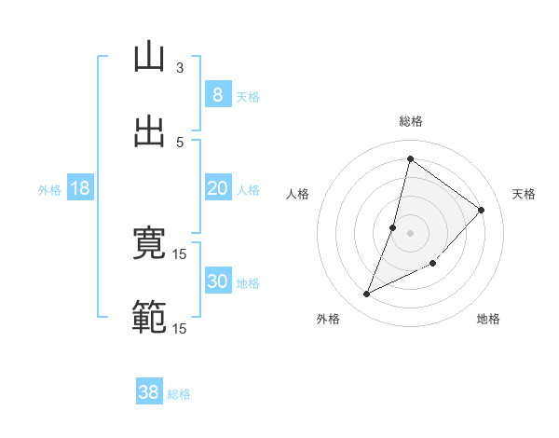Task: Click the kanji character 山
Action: [149, 58]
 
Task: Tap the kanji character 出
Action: [149, 131]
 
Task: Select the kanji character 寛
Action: [149, 243]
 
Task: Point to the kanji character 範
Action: [149, 317]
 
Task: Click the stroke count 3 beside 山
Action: [180, 67]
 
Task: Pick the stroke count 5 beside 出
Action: [180, 142]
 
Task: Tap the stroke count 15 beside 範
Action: [180, 328]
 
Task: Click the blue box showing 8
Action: [217, 94]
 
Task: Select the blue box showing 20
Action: [217, 188]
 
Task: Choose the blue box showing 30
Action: [217, 281]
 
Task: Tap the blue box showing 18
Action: [80, 188]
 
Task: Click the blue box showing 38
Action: [148, 392]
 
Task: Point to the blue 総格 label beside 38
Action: [179, 394]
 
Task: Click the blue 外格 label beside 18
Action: [49, 190]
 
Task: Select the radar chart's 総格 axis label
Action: [411, 121]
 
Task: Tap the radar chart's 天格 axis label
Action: [525, 194]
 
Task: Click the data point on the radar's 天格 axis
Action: [482, 210]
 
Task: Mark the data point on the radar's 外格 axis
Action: [367, 294]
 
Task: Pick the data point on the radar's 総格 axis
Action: [410, 158]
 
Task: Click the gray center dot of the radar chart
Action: [411, 232]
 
